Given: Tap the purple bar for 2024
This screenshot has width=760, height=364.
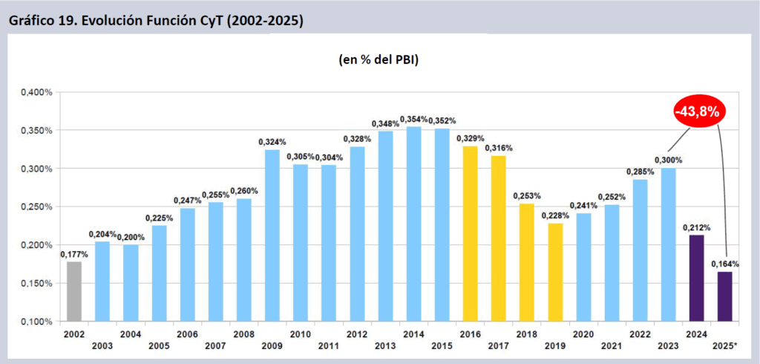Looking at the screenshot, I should pos(696,278).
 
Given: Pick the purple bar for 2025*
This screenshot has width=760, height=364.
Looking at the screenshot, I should pos(724,296).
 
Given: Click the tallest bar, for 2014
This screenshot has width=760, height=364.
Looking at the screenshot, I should pos(413,224).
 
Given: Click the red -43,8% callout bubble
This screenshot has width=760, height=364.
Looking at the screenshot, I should pos(698,112).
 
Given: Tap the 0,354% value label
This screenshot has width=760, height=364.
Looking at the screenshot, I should pos(413,120).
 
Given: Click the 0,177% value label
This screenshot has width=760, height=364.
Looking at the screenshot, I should pos(73,254).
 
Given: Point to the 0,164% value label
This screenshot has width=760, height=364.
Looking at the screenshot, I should pos(724,264).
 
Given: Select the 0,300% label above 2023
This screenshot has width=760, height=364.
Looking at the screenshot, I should pos(668,160).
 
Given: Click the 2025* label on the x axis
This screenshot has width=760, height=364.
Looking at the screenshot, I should pos(725,345).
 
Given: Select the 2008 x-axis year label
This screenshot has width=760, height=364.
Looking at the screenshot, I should pos(243,335).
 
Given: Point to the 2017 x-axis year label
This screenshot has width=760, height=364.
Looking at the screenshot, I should pos(498,345).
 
